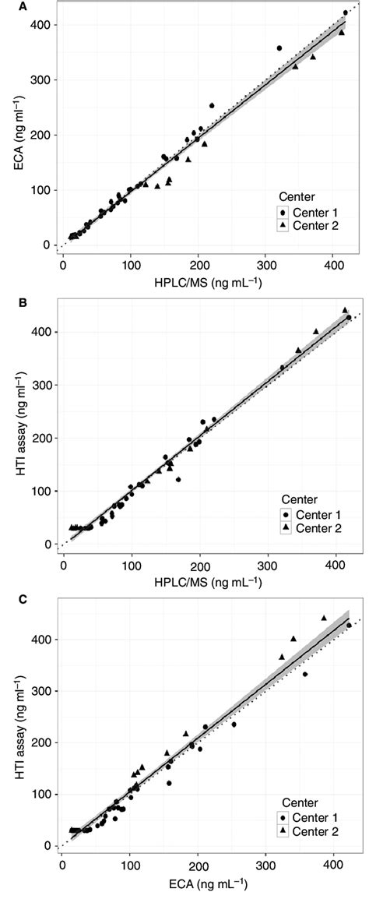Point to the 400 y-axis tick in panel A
point(40,25)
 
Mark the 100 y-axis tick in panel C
point(40,794)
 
